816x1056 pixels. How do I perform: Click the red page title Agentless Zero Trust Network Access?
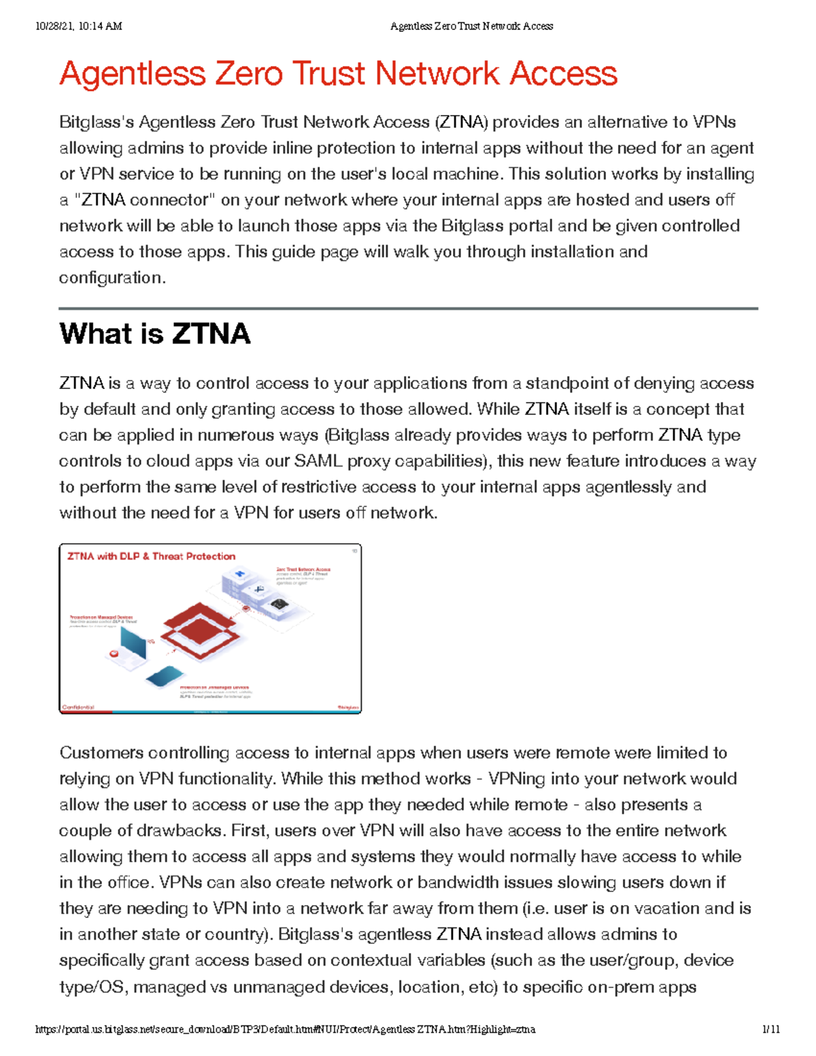pyautogui.click(x=338, y=73)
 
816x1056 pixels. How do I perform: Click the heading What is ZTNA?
pyautogui.click(x=154, y=334)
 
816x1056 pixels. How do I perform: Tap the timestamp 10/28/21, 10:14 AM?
pyautogui.click(x=78, y=27)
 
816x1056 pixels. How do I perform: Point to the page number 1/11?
pyautogui.click(x=771, y=1029)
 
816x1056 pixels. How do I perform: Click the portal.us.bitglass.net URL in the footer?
pyautogui.click(x=285, y=1029)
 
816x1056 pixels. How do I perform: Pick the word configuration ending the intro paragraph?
pyautogui.click(x=111, y=277)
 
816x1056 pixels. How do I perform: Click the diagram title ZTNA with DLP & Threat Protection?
pyautogui.click(x=151, y=556)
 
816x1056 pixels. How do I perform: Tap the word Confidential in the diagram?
pyautogui.click(x=78, y=707)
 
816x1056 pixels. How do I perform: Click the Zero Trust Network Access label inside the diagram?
pyautogui.click(x=303, y=569)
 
